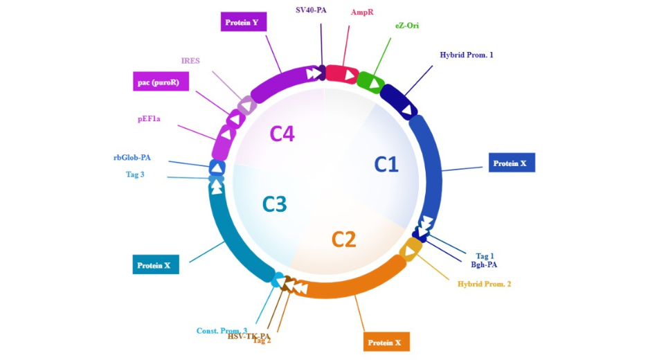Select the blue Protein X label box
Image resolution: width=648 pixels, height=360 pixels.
511,163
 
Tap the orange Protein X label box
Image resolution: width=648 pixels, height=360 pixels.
386,342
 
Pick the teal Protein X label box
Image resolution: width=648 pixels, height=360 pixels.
156,264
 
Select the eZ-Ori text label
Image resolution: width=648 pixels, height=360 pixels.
407,26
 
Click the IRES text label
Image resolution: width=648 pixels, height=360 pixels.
190,60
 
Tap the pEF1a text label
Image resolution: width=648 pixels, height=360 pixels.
149,118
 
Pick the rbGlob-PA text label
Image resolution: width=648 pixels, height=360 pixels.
132,157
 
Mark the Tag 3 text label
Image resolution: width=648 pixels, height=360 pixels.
135,174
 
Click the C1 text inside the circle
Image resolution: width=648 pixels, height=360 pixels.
386,164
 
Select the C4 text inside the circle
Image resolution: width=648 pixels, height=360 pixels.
282,133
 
